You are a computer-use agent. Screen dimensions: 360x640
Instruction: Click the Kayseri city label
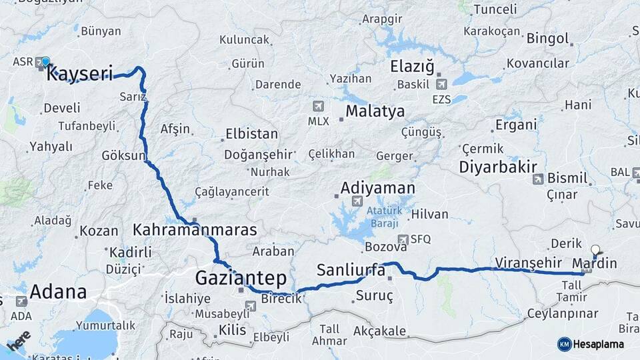click(79, 73)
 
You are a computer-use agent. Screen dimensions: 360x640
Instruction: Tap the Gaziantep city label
click(241, 277)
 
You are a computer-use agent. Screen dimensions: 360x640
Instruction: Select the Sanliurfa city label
click(351, 270)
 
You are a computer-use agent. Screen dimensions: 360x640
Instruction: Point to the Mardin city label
click(595, 263)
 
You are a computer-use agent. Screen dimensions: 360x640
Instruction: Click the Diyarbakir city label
click(498, 167)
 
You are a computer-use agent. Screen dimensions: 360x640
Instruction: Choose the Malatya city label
click(375, 111)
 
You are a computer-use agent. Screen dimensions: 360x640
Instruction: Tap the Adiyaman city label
click(377, 188)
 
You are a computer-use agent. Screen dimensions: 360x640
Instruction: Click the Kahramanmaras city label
click(195, 230)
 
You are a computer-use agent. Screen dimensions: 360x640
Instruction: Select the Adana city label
click(59, 291)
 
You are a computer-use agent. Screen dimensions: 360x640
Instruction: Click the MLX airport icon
click(317, 107)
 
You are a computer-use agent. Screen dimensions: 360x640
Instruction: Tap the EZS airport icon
click(441, 85)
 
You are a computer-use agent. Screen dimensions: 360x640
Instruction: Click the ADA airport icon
click(21, 301)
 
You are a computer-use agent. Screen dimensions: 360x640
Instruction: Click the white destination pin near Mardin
click(595, 251)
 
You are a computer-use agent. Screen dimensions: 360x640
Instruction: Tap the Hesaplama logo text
click(599, 344)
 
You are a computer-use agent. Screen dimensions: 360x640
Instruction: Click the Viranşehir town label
click(525, 261)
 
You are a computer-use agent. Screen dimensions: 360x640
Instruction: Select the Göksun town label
click(123, 155)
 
